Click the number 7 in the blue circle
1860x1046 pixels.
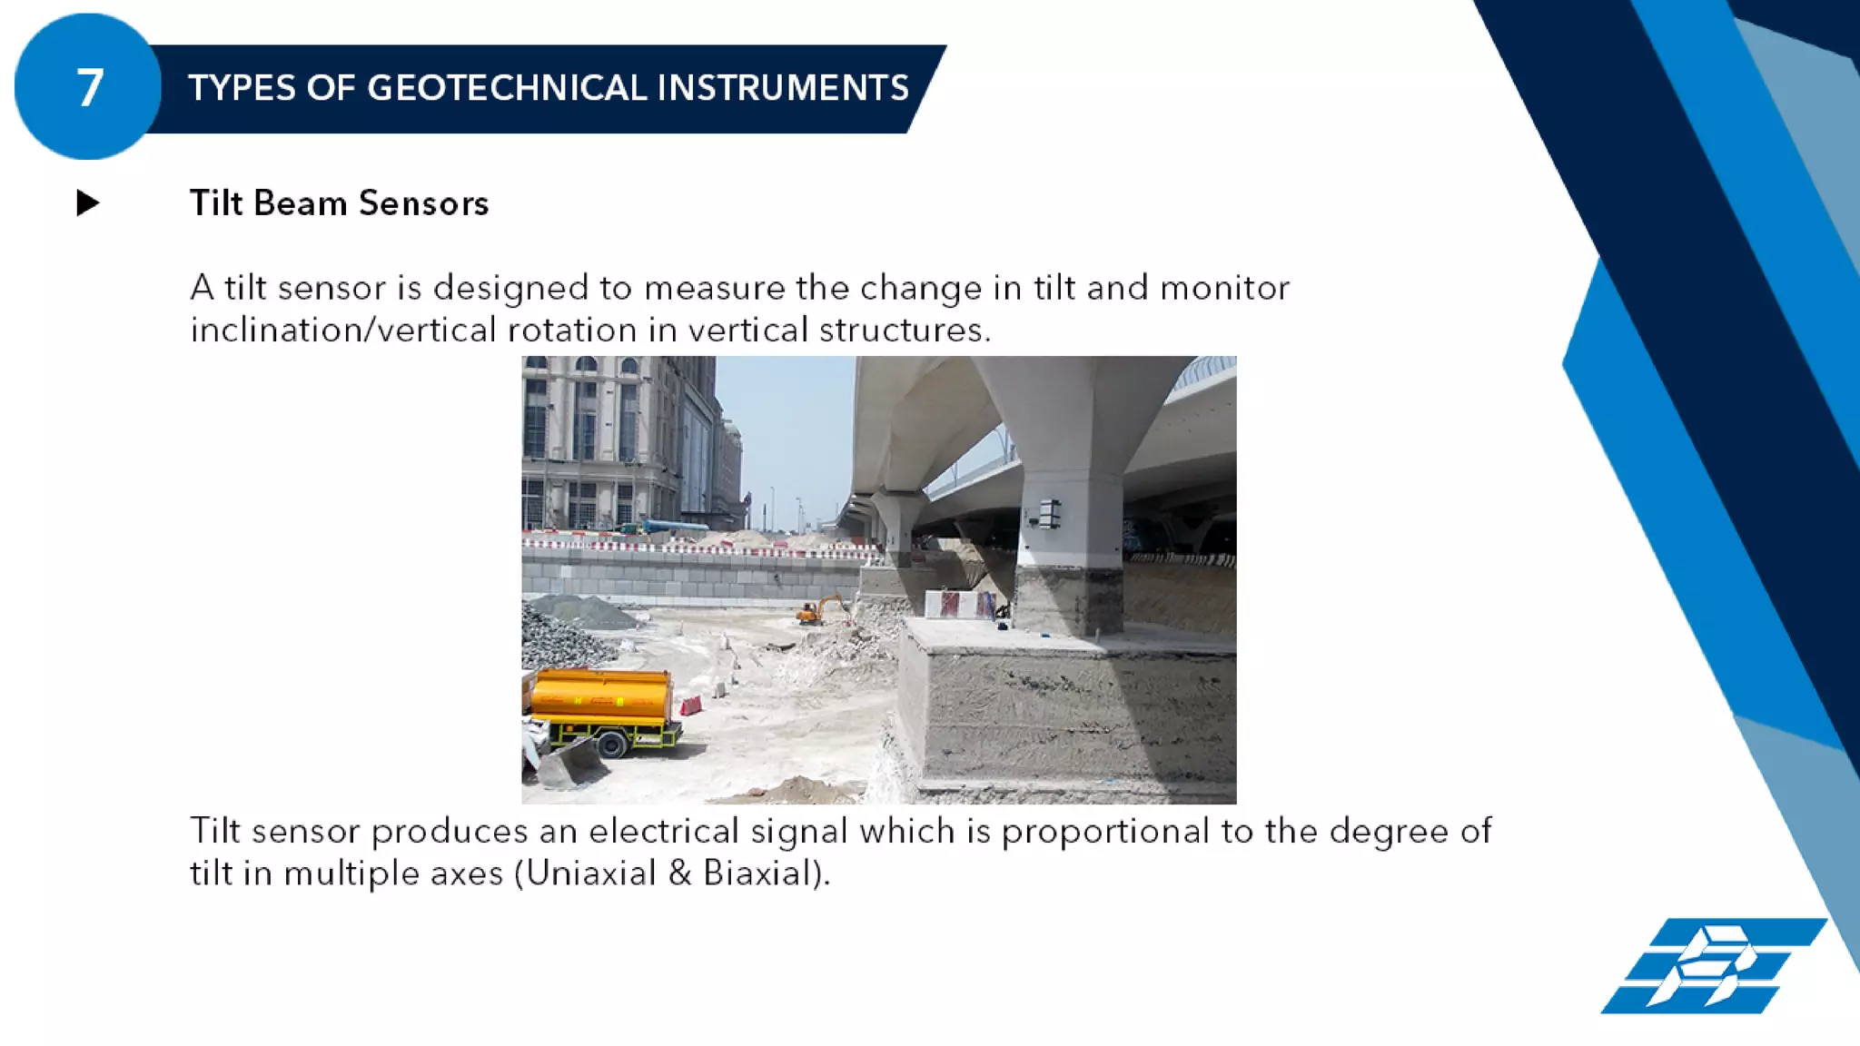[x=89, y=88]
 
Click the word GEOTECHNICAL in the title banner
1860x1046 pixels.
[x=507, y=88]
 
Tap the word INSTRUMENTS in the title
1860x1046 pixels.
[x=782, y=88]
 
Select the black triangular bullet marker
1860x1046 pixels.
[x=88, y=202]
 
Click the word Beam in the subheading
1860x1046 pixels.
[x=301, y=203]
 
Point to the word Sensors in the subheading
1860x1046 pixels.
[x=423, y=203]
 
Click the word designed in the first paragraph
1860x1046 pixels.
[x=510, y=288]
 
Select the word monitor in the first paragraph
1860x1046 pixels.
[x=1224, y=288]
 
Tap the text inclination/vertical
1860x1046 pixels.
[x=343, y=330]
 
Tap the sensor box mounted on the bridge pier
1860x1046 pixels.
[x=1049, y=513]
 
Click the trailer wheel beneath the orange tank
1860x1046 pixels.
[x=612, y=745]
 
